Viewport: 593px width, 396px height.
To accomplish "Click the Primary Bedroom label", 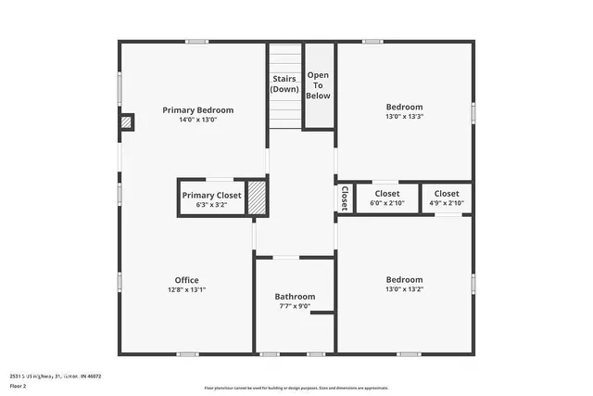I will point(197,110).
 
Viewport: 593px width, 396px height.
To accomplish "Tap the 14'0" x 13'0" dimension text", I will point(197,121).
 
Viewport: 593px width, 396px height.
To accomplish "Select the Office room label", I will point(186,280).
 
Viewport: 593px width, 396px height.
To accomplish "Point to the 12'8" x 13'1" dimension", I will point(186,290).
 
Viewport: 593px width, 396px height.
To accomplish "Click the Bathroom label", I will point(295,297).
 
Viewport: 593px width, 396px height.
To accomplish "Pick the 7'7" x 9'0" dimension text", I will point(295,307).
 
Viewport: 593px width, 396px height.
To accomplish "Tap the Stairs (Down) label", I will point(284,84).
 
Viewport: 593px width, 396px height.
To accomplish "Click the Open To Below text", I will point(318,85).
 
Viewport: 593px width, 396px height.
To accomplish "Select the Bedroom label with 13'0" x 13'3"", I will point(404,108).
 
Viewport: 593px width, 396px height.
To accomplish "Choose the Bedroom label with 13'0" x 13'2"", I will point(404,280).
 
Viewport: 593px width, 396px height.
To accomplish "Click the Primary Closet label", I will point(211,196).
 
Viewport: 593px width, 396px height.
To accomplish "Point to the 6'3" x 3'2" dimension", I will point(211,205).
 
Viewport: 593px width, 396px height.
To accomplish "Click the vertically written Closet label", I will point(344,198).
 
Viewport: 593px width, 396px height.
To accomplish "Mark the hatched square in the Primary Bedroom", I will point(127,121).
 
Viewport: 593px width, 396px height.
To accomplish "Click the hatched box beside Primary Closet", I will point(257,198).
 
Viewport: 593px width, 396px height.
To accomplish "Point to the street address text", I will point(51,377).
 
